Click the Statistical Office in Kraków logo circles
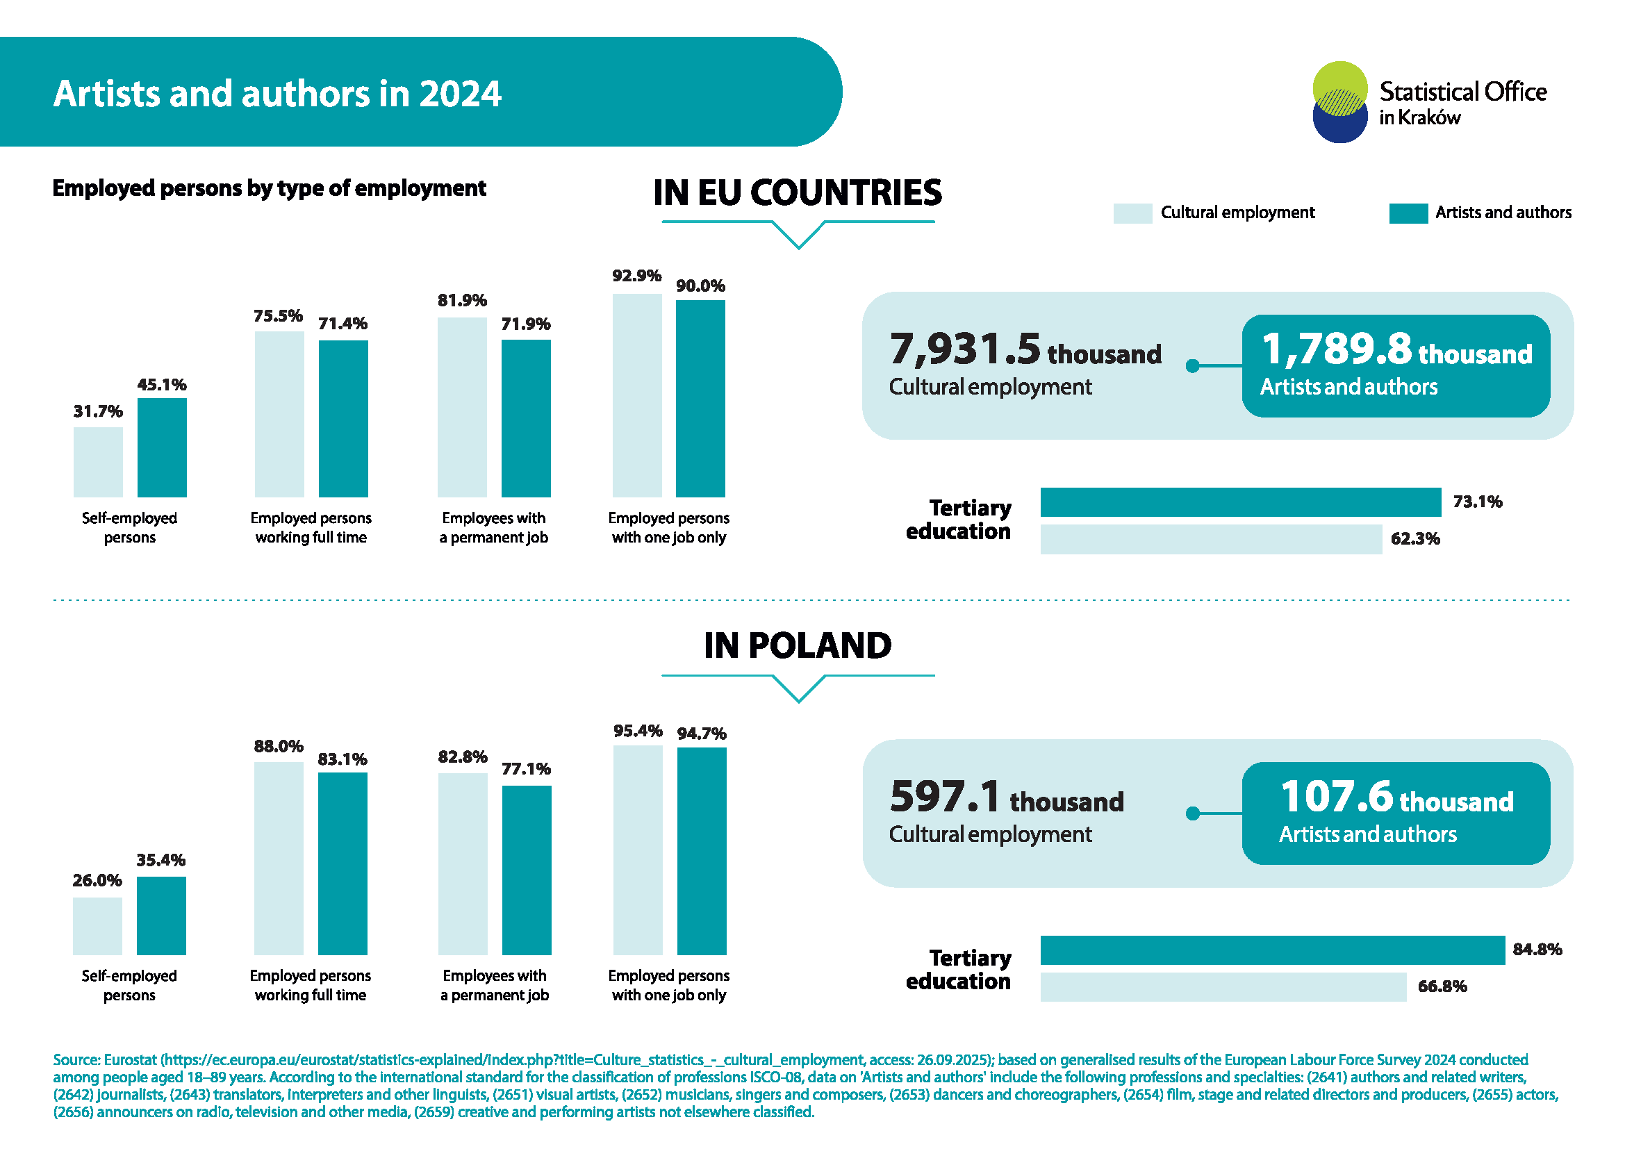tap(1339, 102)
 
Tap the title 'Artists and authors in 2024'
tap(277, 93)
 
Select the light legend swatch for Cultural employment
tap(1132, 213)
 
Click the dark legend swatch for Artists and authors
tap(1408, 213)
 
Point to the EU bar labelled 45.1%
tap(162, 447)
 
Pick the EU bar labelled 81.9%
tap(462, 407)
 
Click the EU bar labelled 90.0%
tap(700, 398)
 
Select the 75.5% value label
tap(278, 315)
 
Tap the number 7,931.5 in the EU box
tap(964, 349)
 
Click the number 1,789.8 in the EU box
tap(1336, 349)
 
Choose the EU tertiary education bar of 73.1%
tap(1240, 502)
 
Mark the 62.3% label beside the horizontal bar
tap(1414, 538)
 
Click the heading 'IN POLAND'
tap(798, 645)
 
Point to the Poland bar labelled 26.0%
tap(98, 925)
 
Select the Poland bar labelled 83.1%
tap(343, 863)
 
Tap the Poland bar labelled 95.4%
tap(638, 850)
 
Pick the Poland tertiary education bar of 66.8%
tap(1223, 986)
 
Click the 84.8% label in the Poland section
tap(1537, 949)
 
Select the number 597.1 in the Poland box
tap(945, 796)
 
